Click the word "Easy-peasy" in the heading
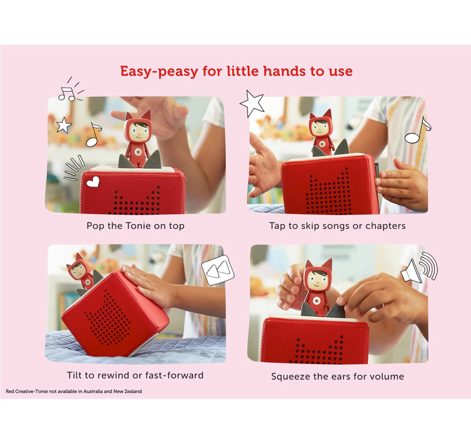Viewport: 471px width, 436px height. [x=159, y=72]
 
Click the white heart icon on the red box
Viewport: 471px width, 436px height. [x=93, y=182]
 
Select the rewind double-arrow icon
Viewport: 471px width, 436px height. [x=218, y=270]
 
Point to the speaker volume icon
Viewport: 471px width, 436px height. [x=420, y=268]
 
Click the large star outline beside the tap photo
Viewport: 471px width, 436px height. [x=253, y=103]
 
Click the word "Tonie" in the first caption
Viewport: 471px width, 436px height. [x=138, y=226]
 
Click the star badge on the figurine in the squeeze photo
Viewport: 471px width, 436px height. [x=316, y=300]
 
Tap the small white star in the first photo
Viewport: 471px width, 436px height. [x=64, y=125]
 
